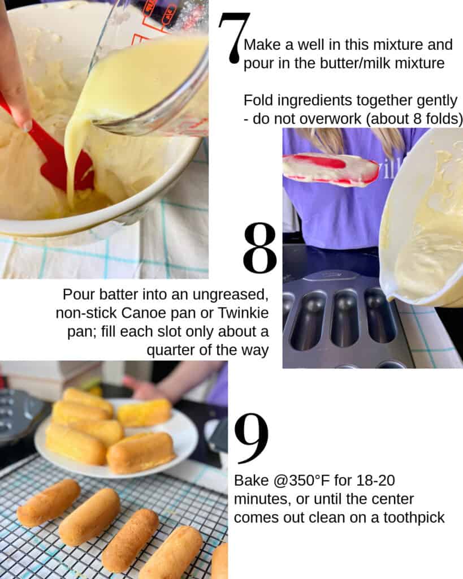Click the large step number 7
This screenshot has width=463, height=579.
click(233, 37)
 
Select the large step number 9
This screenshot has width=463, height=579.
click(251, 438)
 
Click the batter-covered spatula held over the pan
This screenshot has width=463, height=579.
click(331, 168)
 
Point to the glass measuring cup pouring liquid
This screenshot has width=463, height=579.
click(153, 74)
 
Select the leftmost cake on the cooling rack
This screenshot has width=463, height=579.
click(48, 502)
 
